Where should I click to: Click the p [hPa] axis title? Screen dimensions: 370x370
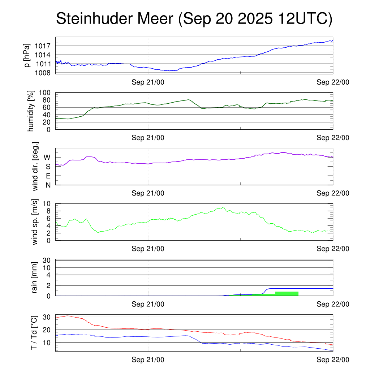tap(27, 55)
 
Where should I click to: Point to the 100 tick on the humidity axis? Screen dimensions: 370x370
tap(47, 92)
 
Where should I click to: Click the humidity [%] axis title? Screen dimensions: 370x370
tap(31, 111)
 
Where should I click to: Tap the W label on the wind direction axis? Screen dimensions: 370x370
tap(47, 157)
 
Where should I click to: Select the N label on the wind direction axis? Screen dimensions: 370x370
tap(47, 185)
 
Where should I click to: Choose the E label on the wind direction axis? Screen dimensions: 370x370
tap(47, 176)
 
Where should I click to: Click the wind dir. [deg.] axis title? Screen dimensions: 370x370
tap(35, 166)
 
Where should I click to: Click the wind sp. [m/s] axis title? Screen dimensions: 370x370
tap(35, 221)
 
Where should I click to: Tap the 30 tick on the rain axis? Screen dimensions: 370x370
tap(47, 260)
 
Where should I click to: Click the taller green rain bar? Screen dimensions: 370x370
tap(287, 293)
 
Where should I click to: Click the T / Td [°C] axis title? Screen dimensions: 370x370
tap(34, 332)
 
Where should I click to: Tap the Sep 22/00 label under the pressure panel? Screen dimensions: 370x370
tap(333, 82)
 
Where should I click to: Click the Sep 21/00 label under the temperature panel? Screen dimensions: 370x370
tap(148, 360)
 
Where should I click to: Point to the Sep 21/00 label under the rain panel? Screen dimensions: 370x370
tap(148, 304)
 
